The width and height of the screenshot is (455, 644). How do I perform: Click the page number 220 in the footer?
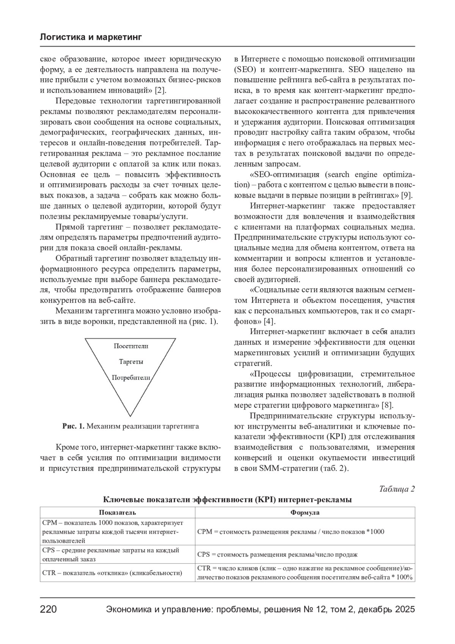49,609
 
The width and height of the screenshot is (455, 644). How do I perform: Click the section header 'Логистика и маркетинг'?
91,37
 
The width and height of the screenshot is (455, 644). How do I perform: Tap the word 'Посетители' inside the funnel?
131,346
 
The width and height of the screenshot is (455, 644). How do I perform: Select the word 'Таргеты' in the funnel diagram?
131,362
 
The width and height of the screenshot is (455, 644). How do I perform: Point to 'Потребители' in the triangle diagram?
131,378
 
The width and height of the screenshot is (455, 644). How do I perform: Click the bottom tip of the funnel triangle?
130,416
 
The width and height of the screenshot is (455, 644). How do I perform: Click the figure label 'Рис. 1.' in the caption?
74,426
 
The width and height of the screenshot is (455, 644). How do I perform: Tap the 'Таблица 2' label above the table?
397,489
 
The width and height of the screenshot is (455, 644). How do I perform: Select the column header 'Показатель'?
118,513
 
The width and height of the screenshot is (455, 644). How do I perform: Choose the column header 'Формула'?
305,513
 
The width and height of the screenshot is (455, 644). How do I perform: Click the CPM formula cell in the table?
290,532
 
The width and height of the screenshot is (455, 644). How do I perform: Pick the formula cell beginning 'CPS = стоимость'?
277,554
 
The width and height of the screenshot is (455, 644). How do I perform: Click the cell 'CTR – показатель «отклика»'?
112,573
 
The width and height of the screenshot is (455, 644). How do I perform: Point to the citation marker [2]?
161,90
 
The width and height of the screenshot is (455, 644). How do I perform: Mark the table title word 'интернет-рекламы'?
315,499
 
